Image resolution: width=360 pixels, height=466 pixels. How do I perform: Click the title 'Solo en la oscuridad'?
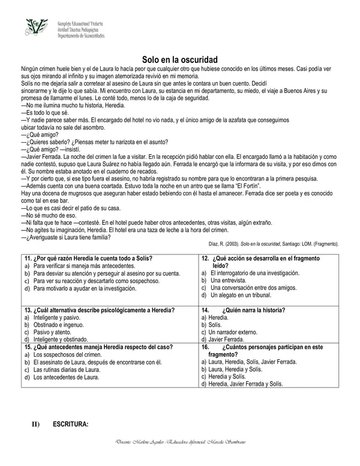180,59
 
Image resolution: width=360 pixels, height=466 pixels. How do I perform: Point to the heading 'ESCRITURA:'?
70,425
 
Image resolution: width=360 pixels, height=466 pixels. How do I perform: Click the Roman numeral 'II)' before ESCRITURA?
35,425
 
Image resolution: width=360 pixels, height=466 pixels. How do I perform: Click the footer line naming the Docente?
180,458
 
